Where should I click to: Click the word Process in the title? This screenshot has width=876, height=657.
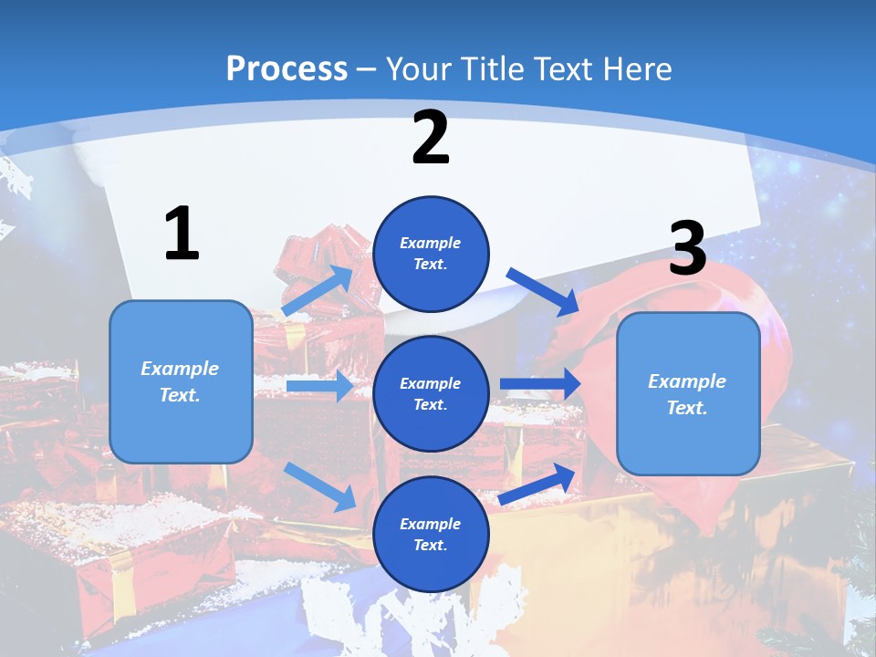coord(287,69)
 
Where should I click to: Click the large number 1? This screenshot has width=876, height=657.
coord(182,235)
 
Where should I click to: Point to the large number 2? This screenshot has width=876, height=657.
coord(431,138)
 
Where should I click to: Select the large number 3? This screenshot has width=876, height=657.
coord(687,249)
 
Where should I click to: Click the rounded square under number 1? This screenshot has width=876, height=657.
coord(181,381)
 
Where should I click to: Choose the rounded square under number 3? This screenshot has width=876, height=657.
coord(688,393)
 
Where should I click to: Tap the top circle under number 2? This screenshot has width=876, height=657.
coord(431,254)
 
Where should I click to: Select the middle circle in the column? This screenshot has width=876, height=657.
coord(431,393)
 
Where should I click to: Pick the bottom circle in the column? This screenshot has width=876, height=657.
coord(431,534)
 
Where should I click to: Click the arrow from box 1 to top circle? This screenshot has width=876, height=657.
coord(318,291)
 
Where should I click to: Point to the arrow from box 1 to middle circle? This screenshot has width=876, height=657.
coord(319,387)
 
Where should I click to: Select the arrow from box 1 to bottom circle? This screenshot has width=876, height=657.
coord(319,486)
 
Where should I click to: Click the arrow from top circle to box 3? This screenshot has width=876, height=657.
coord(544,292)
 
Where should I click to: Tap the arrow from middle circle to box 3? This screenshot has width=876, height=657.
coord(540,384)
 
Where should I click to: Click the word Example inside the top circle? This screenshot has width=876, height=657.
coord(431,243)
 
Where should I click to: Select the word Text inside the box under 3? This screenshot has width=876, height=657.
coord(687,408)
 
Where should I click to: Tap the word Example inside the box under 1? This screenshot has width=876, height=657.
coord(180,369)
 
